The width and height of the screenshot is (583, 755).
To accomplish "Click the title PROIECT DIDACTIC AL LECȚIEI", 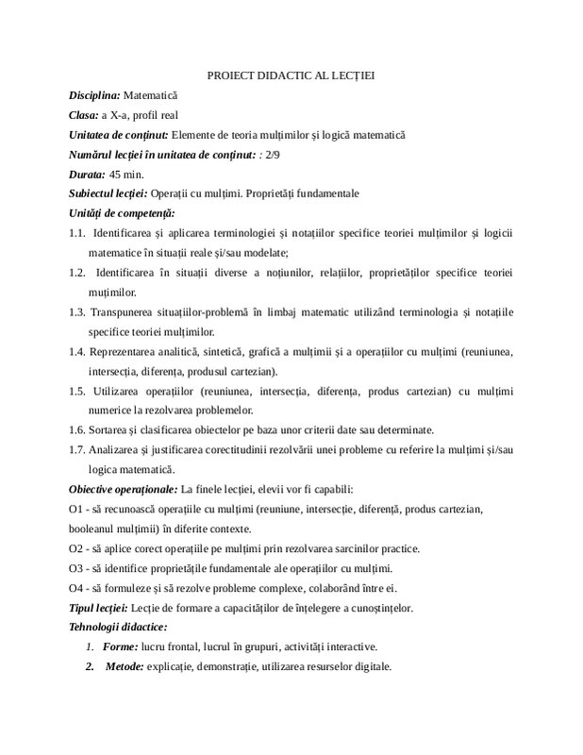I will tap(291, 75).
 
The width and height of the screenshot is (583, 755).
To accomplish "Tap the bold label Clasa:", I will tap(86, 115).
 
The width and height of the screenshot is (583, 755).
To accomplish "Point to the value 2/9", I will tap(275, 155).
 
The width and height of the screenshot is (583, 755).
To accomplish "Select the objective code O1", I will tap(77, 509).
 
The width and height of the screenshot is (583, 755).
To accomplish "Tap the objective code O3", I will tap(77, 568).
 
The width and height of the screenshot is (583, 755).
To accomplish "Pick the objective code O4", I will tap(77, 588).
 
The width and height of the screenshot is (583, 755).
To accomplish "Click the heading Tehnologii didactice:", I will tap(118, 627).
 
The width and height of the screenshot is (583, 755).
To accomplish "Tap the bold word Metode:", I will tap(125, 666).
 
